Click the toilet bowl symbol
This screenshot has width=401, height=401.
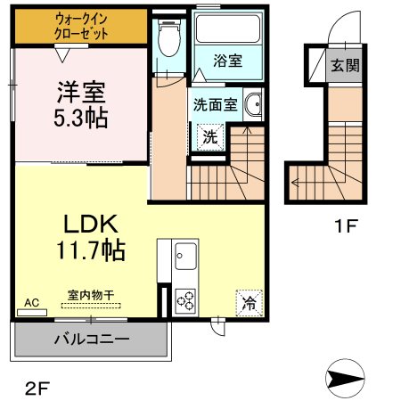coord(169,38)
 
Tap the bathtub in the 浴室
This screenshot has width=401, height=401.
coord(228,29)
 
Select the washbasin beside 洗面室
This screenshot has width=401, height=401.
coord(253,104)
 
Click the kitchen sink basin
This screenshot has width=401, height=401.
coord(185,256)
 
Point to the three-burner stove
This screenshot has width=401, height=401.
coord(185,300)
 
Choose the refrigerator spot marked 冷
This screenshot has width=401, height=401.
coord(250,303)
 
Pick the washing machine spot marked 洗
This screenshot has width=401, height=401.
coord(210,137)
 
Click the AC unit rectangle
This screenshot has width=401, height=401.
coord(32,313)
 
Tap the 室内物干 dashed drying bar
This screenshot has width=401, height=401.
coord(91,306)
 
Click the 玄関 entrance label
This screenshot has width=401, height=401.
coord(345,65)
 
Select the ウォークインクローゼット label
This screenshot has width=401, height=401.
coord(81,27)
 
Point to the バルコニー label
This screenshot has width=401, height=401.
coord(92,339)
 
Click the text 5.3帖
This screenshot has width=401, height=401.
coord(81,118)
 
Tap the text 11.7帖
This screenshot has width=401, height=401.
coord(91,250)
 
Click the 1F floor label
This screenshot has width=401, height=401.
coord(346,225)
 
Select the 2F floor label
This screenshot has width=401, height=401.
coord(37,389)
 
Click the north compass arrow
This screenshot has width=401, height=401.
coord(345,379)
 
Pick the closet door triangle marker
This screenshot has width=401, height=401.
coord(62,55)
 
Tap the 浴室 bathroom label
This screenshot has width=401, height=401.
coord(228,61)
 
